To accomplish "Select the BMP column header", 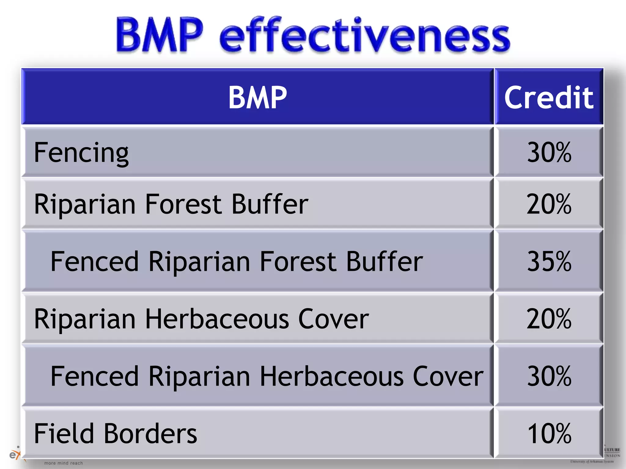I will click(257, 97).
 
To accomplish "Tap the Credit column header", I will click(549, 97).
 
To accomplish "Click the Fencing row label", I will click(81, 153).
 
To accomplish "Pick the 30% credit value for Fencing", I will click(549, 152).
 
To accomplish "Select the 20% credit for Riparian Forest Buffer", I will click(549, 204).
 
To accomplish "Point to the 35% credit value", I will click(549, 261).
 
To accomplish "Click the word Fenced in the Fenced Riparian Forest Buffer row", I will click(94, 261).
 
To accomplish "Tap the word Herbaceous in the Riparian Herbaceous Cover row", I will click(217, 319).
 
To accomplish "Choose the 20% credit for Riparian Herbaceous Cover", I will click(549, 319).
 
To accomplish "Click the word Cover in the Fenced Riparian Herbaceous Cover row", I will click(448, 376).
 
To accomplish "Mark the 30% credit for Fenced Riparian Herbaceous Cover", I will click(549, 376).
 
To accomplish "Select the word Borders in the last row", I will click(150, 433).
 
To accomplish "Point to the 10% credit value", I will click(549, 433).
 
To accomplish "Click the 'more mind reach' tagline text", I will click(64, 463).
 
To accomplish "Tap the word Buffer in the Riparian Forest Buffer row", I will click(270, 204).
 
